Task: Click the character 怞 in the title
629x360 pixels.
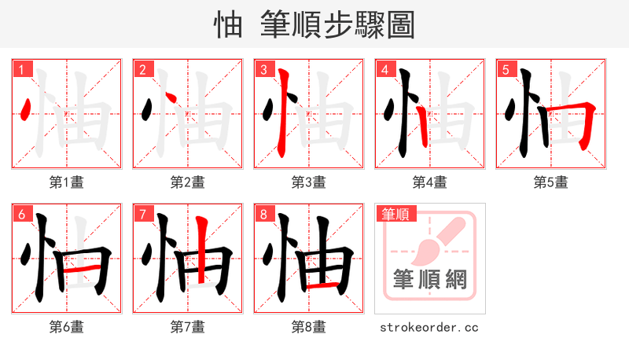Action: [x=228, y=24]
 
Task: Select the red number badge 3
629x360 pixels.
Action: [x=263, y=69]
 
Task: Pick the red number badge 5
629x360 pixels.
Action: [x=506, y=69]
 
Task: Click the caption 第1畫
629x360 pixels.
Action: [x=67, y=182]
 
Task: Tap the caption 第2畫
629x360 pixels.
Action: [x=188, y=182]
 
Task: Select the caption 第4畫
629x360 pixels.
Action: [x=430, y=182]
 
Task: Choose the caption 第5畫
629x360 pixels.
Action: [x=551, y=182]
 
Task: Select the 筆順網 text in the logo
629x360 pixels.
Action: [x=430, y=279]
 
